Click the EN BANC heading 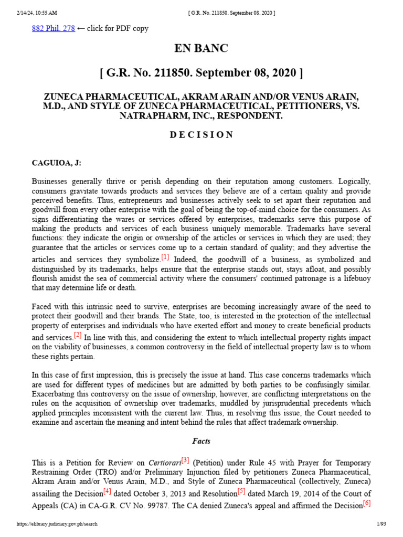(x=201, y=49)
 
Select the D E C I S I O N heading (x=201, y=135)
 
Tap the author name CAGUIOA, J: (x=57, y=163)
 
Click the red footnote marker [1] (x=165, y=257)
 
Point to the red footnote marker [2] (x=78, y=335)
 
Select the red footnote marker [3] (x=185, y=460)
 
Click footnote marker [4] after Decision (x=107, y=491)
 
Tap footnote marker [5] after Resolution (x=241, y=491)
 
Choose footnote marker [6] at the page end (x=367, y=503)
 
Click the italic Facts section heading (x=201, y=442)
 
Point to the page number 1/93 (x=381, y=524)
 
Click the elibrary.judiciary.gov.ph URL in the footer (x=57, y=524)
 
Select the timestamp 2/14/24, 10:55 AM (x=36, y=13)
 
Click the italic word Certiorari (x=162, y=463)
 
